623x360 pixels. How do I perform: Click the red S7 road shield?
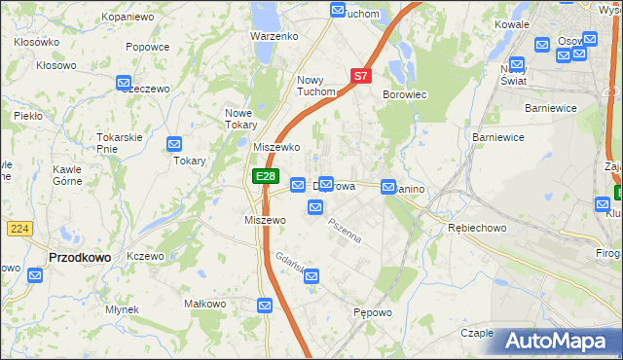click(360, 75)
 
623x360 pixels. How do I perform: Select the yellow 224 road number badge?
click(18, 228)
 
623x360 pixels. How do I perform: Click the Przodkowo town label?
click(78, 257)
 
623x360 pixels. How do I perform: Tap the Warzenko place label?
click(274, 36)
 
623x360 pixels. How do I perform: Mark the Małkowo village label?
click(205, 304)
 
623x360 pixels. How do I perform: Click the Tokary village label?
click(190, 161)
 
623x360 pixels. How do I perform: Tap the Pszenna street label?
click(345, 231)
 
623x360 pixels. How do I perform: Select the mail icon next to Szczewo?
click(124, 84)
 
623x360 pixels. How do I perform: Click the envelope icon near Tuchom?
click(338, 10)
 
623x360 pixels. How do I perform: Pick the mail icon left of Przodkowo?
click(36, 275)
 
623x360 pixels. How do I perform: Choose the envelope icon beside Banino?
click(388, 186)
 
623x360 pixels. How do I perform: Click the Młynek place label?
click(123, 309)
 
